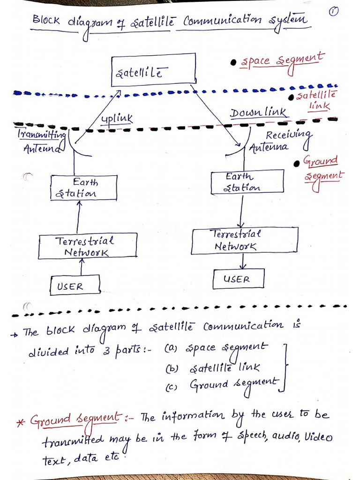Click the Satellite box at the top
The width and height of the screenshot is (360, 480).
tap(153, 70)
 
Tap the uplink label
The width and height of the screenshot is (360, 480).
tap(117, 119)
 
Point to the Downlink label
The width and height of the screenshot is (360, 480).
tap(258, 113)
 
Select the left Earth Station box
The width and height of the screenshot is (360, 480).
tap(83, 187)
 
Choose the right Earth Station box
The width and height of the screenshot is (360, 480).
tap(247, 182)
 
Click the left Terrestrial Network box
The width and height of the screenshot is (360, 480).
tap(88, 246)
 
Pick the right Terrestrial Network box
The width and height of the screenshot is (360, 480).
tap(244, 240)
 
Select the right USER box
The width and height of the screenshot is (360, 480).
tap(238, 279)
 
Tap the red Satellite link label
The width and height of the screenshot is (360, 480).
tap(317, 100)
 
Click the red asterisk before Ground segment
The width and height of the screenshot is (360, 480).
tap(20, 421)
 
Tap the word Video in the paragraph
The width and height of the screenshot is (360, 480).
tap(319, 437)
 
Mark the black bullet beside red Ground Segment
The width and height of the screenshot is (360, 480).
tap(296, 164)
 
